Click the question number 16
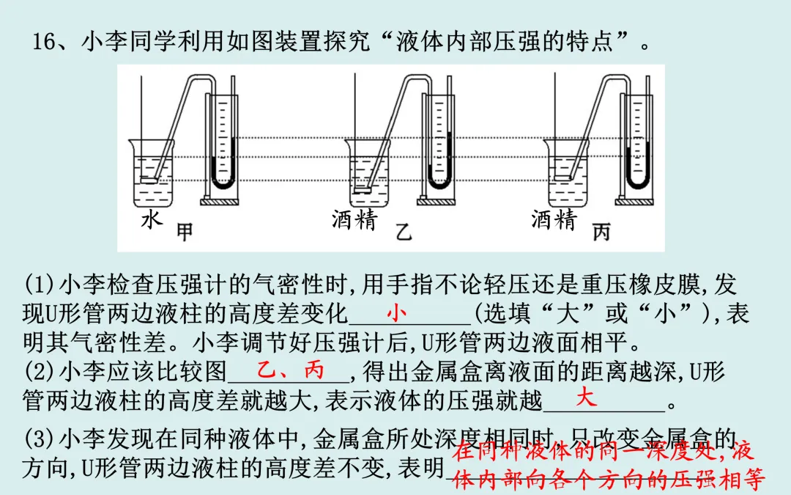[48, 42]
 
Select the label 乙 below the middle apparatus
[403, 233]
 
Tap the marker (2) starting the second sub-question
[37, 372]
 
